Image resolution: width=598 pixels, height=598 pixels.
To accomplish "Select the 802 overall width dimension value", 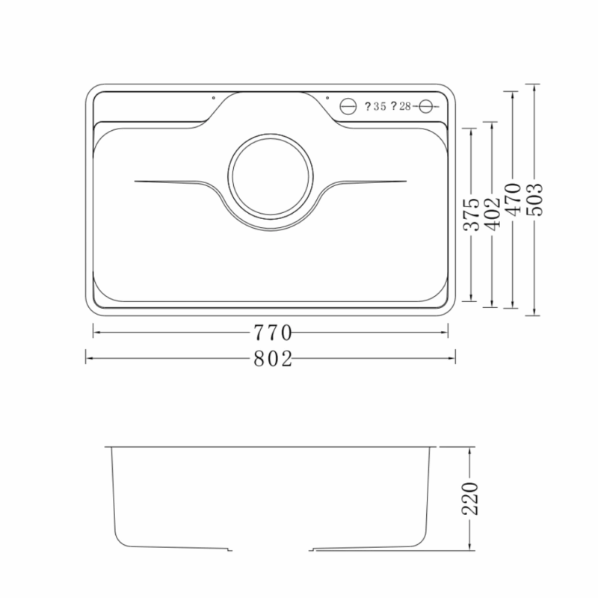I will coord(271,360).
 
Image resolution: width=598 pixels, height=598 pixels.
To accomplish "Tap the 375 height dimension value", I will coord(470,215).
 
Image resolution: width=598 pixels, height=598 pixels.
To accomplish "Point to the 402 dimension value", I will coord(491,215).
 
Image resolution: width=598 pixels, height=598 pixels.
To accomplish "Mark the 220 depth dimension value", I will coord(470,499).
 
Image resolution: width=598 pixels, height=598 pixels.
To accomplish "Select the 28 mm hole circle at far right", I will coord(426,106).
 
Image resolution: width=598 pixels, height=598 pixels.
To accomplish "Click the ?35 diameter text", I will coord(375,107).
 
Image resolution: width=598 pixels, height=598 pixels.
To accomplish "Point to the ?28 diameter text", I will coord(401,107).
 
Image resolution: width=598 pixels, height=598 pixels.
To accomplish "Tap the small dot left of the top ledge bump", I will coord(212,97).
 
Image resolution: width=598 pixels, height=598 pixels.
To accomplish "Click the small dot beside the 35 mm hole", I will coord(327,96).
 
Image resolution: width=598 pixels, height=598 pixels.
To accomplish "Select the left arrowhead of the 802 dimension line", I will coord(87,360).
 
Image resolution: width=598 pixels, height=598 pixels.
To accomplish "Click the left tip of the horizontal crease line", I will coord(135,181).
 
